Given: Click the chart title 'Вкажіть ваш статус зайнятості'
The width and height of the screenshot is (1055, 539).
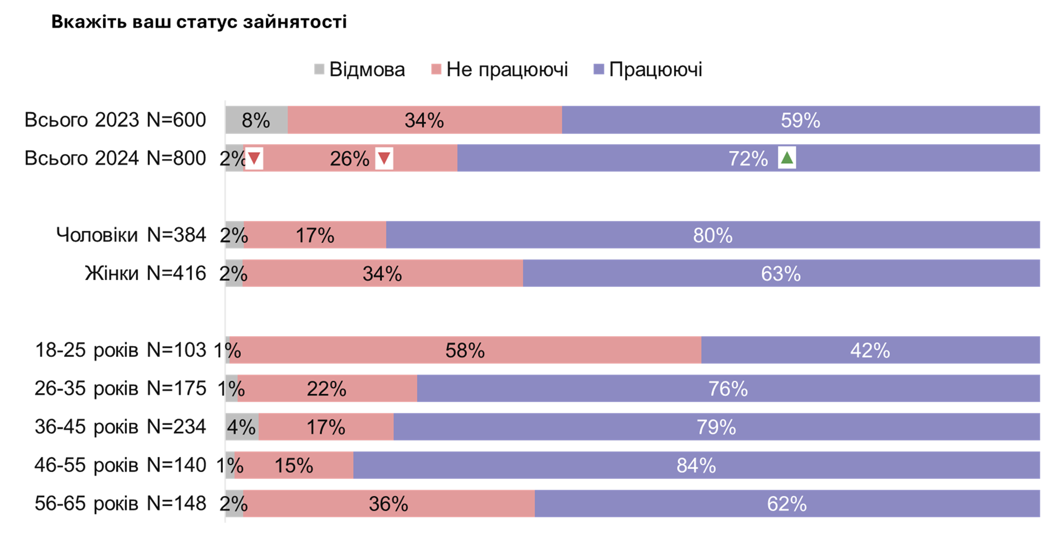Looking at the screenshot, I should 199,21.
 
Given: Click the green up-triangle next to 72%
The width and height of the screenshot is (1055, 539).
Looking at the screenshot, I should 787,158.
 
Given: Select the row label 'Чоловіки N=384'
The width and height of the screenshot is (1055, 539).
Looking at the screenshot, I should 131,235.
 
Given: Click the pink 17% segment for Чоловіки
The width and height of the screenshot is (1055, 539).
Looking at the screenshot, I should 315,235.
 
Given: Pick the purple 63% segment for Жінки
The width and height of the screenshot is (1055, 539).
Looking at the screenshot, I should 781,273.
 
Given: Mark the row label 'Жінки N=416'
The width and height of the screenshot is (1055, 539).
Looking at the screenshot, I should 145,273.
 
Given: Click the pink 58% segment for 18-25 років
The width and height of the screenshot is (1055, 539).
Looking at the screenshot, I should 465,350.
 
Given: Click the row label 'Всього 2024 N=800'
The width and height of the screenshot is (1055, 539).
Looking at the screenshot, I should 115,158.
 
